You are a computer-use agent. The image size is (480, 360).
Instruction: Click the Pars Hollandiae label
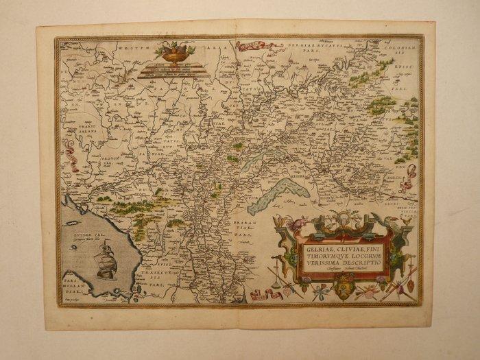71,285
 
